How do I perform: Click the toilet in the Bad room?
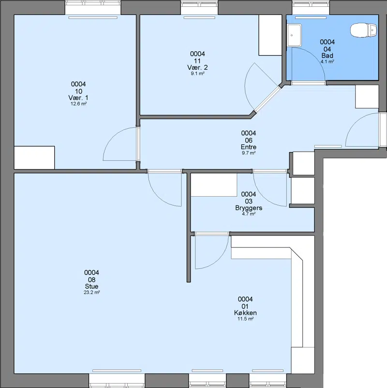(364, 31)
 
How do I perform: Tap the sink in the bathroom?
(294, 35)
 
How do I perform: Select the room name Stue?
(91, 286)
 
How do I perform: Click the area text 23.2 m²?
(92, 292)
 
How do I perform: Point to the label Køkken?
(245, 313)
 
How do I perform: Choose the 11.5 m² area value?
(245, 319)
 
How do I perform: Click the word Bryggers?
(249, 208)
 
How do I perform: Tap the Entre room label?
(249, 147)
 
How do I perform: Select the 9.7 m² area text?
(249, 153)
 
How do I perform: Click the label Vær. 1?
(78, 98)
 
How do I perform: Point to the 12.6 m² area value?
(78, 104)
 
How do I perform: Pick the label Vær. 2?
(197, 67)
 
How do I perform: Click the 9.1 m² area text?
(197, 74)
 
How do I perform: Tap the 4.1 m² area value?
(327, 62)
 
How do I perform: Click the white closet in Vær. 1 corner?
(34, 157)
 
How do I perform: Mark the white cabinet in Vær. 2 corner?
(270, 35)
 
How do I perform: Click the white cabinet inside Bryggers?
(214, 185)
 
